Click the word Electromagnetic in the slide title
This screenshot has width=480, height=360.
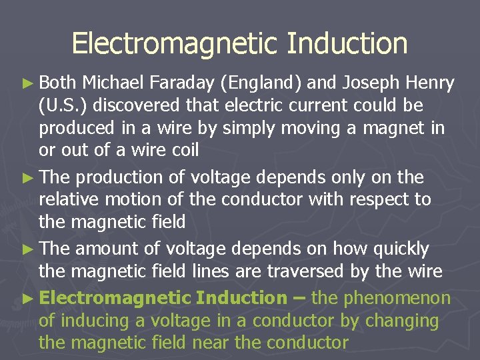174,43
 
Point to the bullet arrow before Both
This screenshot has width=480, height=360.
30,84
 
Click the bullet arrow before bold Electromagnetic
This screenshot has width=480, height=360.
30,298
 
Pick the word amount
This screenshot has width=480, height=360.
107,249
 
